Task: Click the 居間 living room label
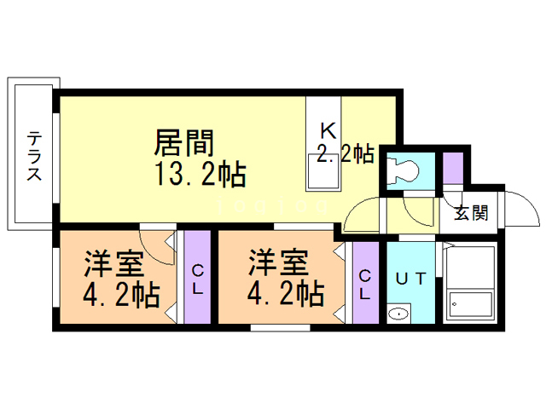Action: (183, 141)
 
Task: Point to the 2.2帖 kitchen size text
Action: (345, 154)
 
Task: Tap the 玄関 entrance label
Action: (470, 212)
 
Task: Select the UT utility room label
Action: (412, 277)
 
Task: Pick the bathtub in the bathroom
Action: (470, 284)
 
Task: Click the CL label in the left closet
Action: (197, 279)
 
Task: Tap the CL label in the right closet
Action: (364, 283)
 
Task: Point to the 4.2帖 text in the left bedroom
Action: (121, 294)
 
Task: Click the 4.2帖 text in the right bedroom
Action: (286, 294)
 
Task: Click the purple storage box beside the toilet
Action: (452, 164)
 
